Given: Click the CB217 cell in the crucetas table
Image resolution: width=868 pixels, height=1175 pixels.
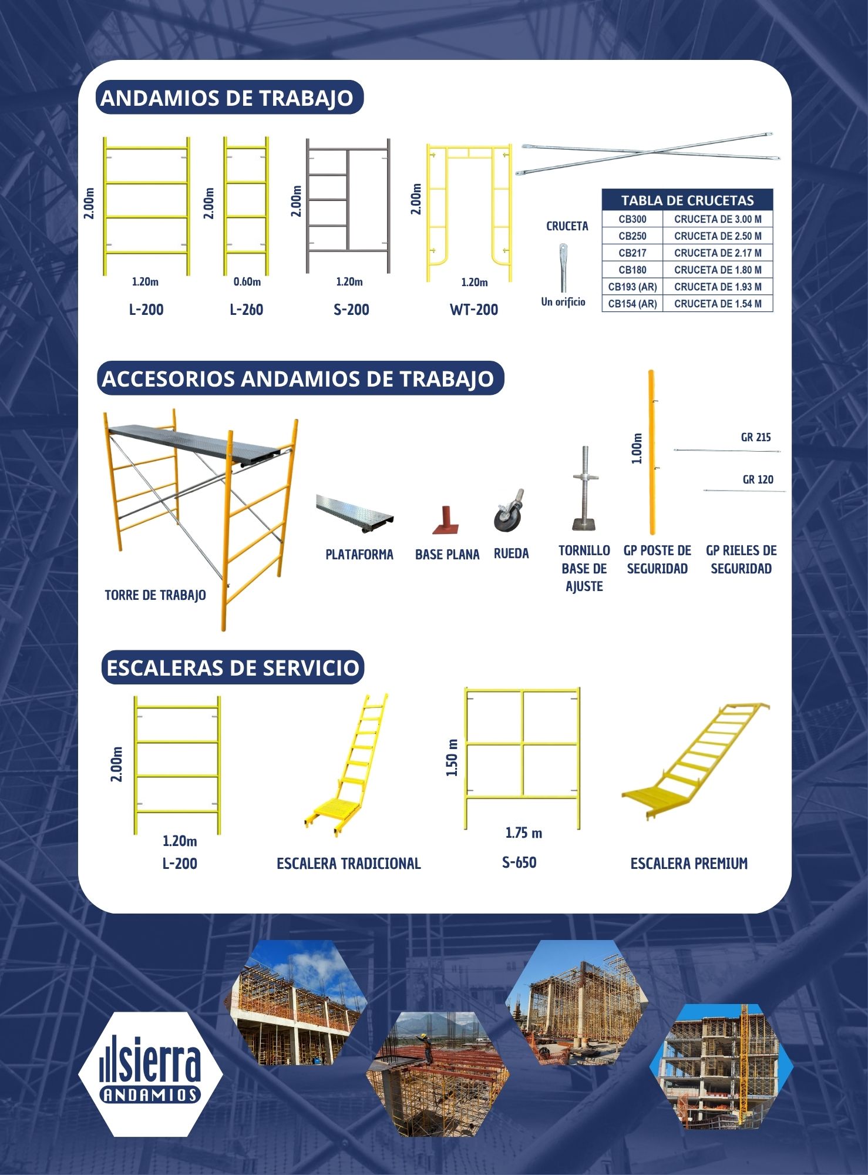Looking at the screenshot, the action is [633, 253].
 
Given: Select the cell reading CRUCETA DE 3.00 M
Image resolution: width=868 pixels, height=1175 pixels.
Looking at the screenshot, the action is [718, 219].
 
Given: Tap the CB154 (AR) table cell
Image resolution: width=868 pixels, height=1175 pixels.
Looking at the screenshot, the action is [633, 304].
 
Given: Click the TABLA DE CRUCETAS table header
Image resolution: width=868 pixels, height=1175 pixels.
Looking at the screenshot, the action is [687, 200].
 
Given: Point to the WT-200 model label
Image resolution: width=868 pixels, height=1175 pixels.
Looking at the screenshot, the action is [474, 310].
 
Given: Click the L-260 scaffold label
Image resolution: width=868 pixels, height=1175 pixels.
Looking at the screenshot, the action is [247, 310].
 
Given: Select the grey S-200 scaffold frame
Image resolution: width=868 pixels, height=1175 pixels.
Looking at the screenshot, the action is [348, 206].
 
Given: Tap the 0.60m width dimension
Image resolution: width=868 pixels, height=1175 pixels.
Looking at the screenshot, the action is [247, 282].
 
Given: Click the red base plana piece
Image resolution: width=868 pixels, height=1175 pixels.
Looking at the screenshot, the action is [446, 519].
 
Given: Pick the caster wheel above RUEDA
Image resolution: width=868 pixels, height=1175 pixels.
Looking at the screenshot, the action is [509, 511].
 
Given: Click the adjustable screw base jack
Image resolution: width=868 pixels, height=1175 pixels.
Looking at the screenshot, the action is [585, 489].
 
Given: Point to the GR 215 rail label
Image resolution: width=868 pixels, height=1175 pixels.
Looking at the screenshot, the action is [756, 437].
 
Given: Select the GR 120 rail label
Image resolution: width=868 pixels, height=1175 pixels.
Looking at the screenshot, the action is [758, 479].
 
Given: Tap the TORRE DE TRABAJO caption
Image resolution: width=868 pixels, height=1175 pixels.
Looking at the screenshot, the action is [155, 595].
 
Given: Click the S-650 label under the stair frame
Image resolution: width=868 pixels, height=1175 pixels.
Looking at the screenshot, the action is [519, 862].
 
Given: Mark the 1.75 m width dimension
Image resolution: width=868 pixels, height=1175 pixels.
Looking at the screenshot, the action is [524, 833].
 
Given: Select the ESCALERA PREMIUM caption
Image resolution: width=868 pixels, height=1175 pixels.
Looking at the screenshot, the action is [689, 864].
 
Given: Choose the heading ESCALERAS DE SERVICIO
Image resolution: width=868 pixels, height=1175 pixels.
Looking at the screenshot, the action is [233, 668].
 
